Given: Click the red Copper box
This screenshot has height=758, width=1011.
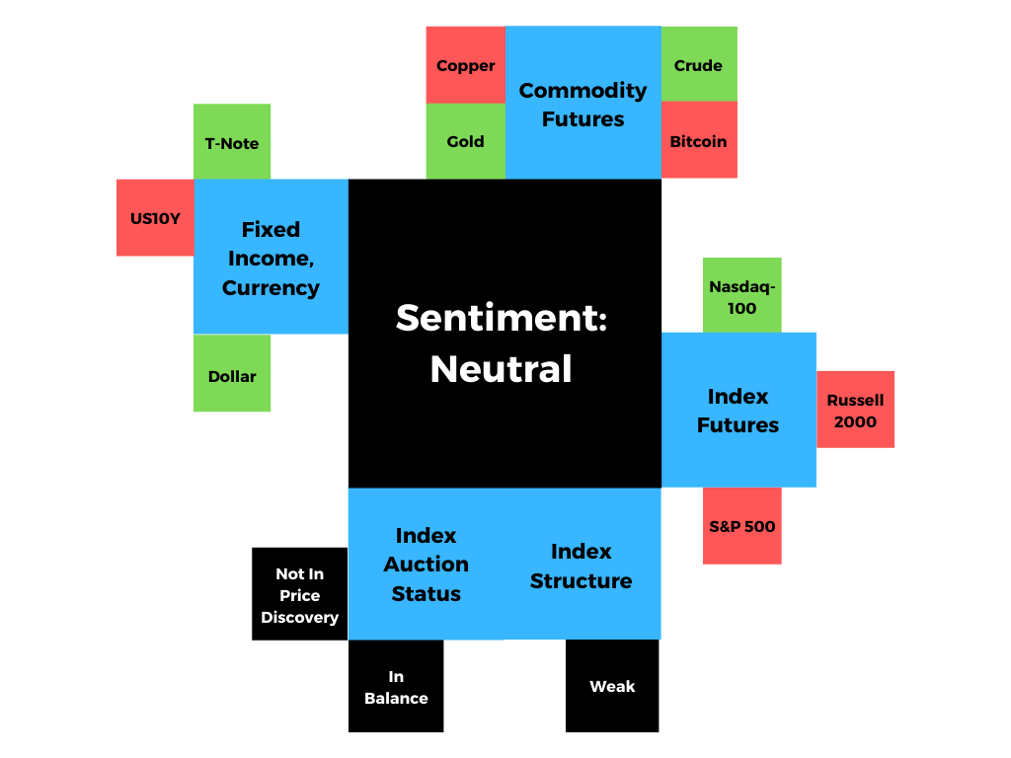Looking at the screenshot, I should point(465,65).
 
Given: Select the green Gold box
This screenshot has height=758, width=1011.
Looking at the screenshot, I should point(465,141).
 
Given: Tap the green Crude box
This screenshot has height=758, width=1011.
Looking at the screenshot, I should point(698,65).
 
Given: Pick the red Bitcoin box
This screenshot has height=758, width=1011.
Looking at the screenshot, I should point(698,141).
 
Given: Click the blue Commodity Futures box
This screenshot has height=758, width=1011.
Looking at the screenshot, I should point(583,104).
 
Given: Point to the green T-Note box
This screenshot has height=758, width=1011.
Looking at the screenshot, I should point(232,142).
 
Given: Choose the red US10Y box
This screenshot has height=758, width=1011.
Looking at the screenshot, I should point(155,218).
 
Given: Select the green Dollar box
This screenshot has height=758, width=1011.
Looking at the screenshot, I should point(232,375).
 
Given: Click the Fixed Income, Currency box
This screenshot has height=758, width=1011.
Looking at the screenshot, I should point(271,258).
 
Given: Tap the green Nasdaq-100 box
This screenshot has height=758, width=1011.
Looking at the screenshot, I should point(741,296).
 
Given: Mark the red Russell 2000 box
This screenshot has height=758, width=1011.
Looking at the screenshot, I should point(855,410).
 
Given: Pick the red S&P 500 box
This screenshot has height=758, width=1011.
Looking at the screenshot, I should point(741,526).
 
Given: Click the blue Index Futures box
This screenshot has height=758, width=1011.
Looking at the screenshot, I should point(738,410).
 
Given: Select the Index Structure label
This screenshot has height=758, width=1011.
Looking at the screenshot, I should point(581,566).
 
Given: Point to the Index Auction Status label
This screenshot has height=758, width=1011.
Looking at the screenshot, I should point(426,565).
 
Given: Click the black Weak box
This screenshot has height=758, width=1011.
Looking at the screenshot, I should point(612,686).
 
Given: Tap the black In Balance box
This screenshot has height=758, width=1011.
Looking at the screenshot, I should point(396,686).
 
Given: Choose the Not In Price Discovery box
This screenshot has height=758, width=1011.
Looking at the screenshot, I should point(299,594).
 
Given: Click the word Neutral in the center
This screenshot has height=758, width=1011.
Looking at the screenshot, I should point(501,369).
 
